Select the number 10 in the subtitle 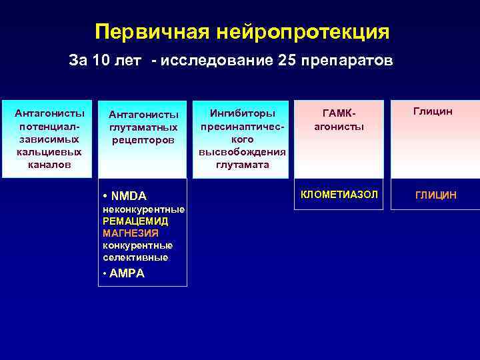pos(101,61)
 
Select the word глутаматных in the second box pos(143,127)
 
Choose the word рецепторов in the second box pos(143,140)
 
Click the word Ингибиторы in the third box pos(241,113)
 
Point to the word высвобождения pos(242,152)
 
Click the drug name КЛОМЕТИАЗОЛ pos(339,194)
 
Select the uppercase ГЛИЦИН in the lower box pos(436,195)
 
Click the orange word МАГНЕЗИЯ pos(131,233)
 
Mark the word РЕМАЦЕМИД pos(135,221)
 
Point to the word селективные pos(135,257)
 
